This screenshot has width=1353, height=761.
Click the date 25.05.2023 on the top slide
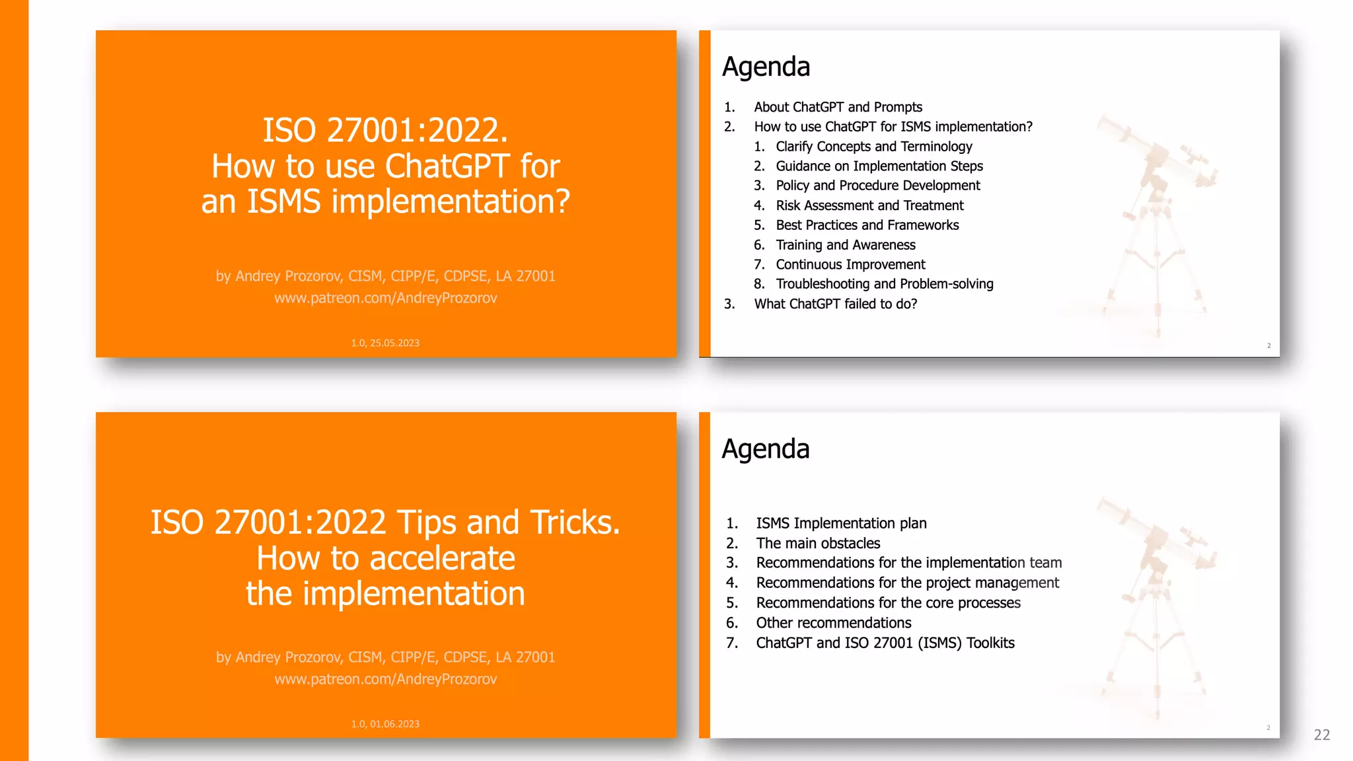point(394,343)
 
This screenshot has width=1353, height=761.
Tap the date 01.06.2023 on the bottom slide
point(394,724)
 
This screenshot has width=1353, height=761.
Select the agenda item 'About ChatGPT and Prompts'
point(838,107)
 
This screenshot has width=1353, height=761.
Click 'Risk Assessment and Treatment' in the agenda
point(869,205)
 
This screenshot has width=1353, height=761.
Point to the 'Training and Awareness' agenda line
point(846,245)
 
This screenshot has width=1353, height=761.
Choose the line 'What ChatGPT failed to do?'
point(836,304)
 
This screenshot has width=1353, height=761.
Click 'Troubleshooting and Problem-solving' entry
point(885,284)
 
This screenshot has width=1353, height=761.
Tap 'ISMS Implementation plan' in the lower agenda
point(841,523)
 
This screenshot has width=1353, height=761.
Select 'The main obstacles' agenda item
point(818,543)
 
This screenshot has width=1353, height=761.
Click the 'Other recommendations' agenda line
point(833,623)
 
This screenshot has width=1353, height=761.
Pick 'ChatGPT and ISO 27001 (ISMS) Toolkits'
point(885,643)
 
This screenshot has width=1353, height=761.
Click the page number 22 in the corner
point(1322,735)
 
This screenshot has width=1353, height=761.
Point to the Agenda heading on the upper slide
point(766,67)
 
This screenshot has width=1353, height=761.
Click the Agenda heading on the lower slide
point(765,449)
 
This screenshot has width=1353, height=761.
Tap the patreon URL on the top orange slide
point(386,298)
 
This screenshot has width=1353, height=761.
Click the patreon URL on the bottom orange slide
point(386,679)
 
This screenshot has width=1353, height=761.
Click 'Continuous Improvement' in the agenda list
point(850,265)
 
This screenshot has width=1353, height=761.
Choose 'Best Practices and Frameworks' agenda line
point(867,225)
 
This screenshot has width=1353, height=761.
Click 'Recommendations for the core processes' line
point(888,603)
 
